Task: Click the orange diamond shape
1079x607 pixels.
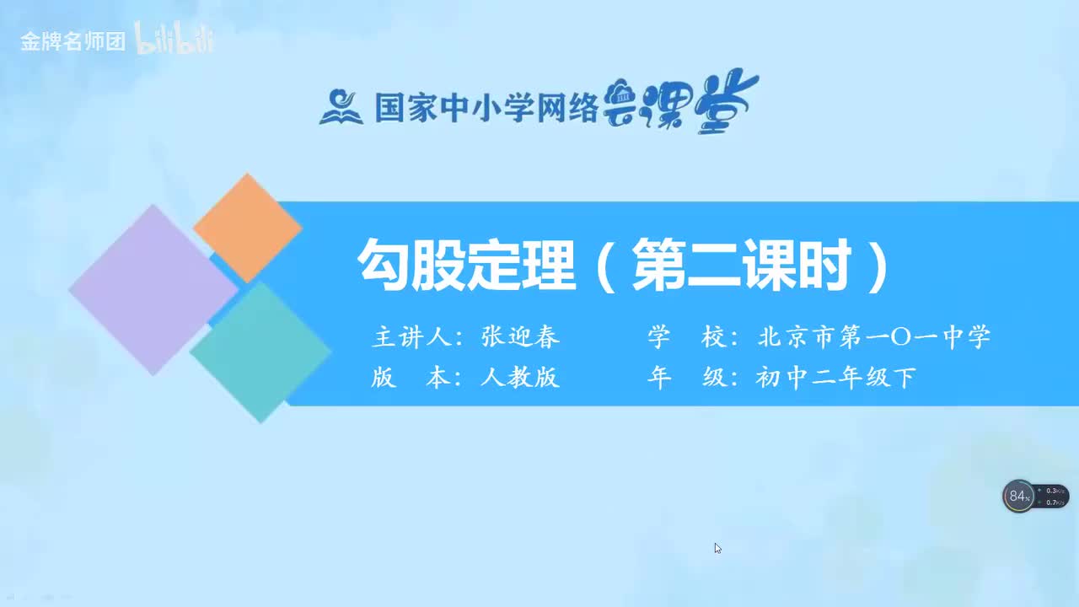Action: (x=247, y=228)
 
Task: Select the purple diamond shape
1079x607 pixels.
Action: (x=153, y=289)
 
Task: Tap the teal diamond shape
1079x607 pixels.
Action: (x=260, y=352)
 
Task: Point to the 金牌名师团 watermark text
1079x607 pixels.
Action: (x=72, y=41)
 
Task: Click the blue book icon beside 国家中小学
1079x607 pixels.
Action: (x=341, y=107)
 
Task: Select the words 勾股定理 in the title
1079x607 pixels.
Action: (x=466, y=266)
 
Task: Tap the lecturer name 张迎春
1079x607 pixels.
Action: (x=520, y=337)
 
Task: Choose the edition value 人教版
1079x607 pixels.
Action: (x=520, y=378)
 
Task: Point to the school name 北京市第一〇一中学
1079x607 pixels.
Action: (x=874, y=337)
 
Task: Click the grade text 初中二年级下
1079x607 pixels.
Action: (x=835, y=378)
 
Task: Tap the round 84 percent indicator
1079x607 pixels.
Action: (x=1019, y=496)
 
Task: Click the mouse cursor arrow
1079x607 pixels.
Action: (x=717, y=548)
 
